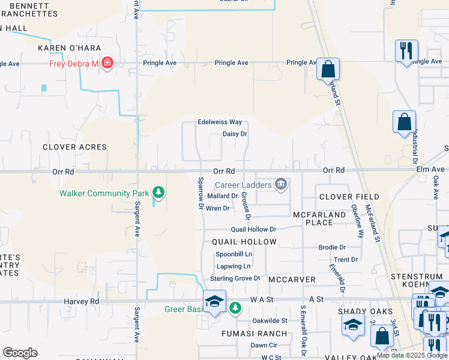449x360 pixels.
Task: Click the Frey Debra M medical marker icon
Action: coord(107,63)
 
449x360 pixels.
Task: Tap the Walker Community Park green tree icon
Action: coord(158,193)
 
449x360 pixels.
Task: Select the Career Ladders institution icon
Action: coord(280,184)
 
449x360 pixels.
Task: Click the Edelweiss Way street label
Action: coord(220,122)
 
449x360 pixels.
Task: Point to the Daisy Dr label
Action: coord(235,134)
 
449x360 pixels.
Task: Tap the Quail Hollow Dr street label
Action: coord(253,229)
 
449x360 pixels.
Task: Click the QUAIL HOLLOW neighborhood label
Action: coord(244,242)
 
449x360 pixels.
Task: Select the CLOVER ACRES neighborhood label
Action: coord(75,147)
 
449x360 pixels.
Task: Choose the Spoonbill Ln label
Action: coord(234,254)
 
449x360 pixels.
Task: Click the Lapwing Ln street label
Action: coord(233,266)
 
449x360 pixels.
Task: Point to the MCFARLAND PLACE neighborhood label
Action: coord(319,218)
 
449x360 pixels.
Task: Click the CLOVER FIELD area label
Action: coord(349,197)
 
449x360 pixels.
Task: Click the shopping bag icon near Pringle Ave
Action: coord(328,70)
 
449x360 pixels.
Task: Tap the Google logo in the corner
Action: coord(20,353)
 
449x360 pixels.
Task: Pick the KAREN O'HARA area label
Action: coord(70,48)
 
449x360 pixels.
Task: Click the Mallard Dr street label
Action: coord(222,196)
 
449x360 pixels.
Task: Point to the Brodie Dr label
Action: coord(332,247)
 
